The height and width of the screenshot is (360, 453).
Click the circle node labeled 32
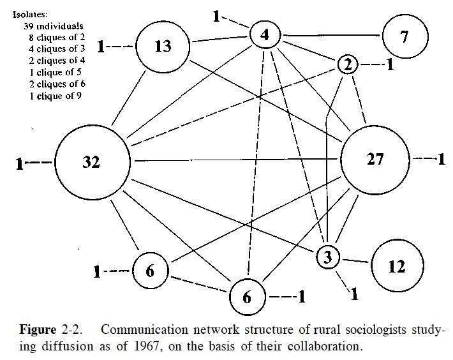click(x=92, y=162)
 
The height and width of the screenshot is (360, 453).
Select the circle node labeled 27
click(x=375, y=159)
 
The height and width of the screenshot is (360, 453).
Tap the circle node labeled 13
click(x=163, y=46)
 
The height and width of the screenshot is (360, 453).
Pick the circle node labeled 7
click(x=405, y=36)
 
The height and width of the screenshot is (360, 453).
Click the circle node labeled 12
click(x=396, y=266)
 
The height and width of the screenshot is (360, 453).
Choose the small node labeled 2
click(x=347, y=64)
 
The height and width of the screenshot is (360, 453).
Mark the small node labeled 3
click(x=327, y=257)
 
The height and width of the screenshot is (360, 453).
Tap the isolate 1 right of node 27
click(x=440, y=159)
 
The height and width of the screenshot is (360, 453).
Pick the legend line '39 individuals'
click(x=54, y=26)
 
